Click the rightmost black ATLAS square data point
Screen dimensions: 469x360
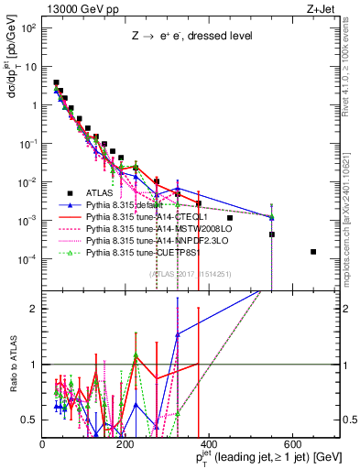[x=314, y=252]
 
